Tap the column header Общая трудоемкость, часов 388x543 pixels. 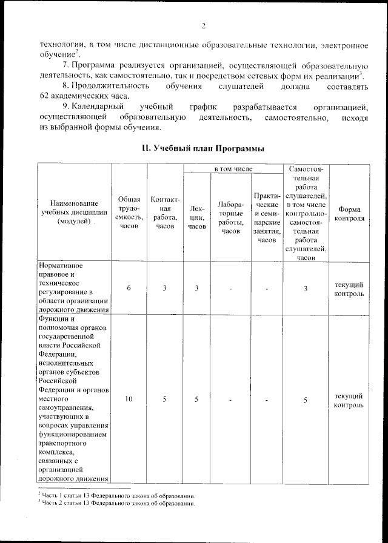[x=129, y=212]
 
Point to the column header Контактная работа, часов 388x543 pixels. [x=164, y=212]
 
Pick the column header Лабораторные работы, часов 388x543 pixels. [x=231, y=217]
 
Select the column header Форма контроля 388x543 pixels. [x=349, y=212]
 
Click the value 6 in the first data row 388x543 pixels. [x=129, y=288]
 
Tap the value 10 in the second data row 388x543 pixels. [x=129, y=400]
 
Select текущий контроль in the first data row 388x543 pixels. [x=349, y=289]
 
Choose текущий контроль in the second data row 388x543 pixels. [x=349, y=400]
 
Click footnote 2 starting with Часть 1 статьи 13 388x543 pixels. [x=115, y=496]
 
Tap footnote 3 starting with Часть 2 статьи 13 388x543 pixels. [x=115, y=503]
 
